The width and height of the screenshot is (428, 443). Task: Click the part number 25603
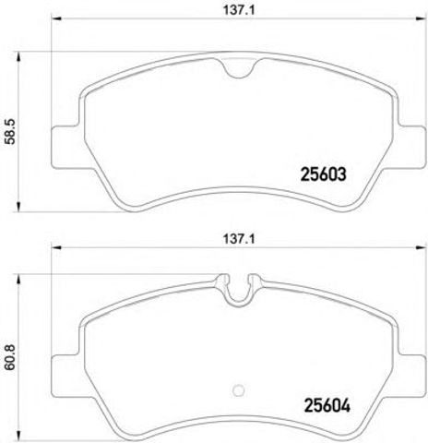pyautogui.click(x=323, y=174)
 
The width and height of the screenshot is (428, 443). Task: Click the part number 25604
pyautogui.click(x=327, y=406)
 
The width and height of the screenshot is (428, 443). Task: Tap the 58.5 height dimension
pyautogui.click(x=10, y=132)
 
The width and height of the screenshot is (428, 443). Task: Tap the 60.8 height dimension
pyautogui.click(x=10, y=357)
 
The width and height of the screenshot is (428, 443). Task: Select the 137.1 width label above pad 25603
pyautogui.click(x=239, y=10)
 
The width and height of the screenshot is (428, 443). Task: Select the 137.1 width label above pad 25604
pyautogui.click(x=239, y=239)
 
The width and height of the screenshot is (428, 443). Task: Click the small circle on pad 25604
pyautogui.click(x=239, y=390)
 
